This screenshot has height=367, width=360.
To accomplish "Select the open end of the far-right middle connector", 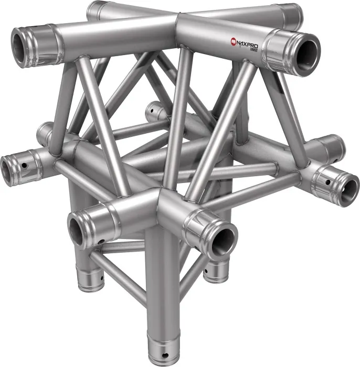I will click(x=347, y=187).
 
